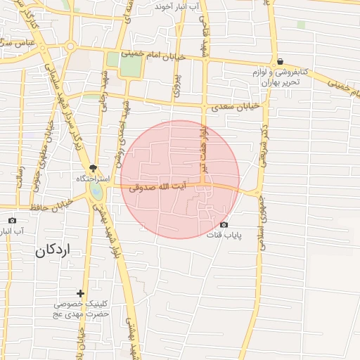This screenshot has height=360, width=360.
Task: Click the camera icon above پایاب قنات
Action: pos(224,224)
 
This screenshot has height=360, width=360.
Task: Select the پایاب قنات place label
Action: pos(224,234)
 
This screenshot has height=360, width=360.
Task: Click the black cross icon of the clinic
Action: pos(81,293)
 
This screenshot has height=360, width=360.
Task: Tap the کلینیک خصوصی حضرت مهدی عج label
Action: pos(82,309)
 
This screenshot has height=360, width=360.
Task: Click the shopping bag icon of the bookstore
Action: pos(280,61)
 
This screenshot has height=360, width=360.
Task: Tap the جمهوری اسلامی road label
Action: pos(262,214)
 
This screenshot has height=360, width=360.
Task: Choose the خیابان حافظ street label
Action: pos(52,206)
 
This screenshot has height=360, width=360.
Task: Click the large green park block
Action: pos(131,65)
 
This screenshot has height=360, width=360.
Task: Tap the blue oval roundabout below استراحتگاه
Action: pos(96,191)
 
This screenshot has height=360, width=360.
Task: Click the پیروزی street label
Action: pos(176,82)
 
